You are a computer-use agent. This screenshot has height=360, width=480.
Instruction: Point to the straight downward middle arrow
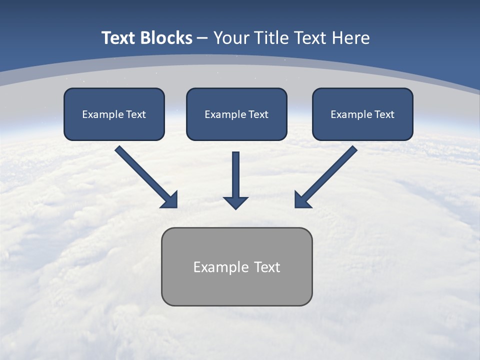click(235, 175)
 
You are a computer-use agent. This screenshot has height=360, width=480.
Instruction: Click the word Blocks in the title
click(166, 38)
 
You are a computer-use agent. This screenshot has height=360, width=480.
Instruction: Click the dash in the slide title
click(202, 38)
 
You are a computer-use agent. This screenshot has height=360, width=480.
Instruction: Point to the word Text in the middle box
click(258, 114)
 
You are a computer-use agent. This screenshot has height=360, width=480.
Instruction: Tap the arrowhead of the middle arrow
click(235, 202)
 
